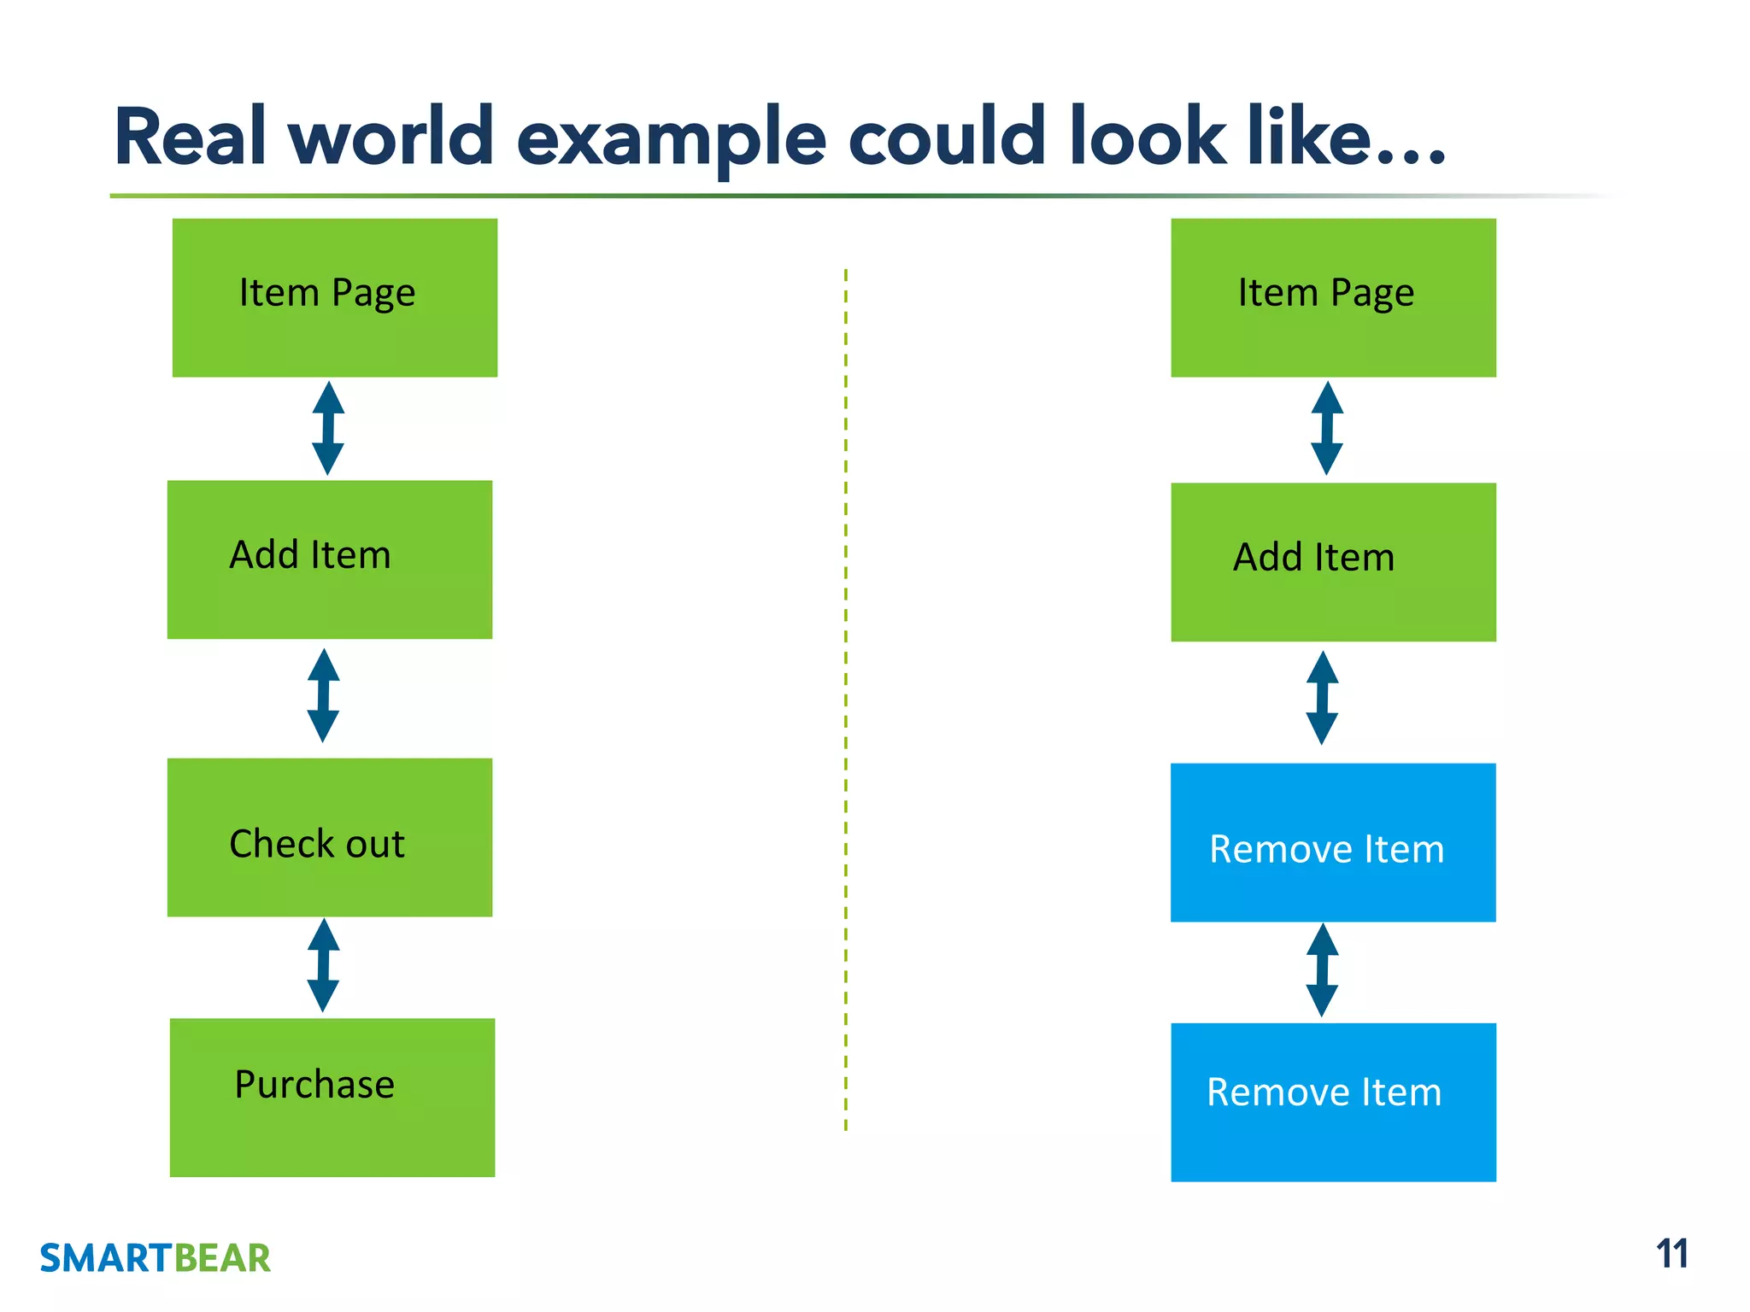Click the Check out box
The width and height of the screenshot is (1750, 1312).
coord(330,837)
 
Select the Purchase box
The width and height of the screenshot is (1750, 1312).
coord(332,1097)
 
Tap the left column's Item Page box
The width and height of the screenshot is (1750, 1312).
coord(335,297)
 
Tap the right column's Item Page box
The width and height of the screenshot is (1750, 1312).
coord(1333,297)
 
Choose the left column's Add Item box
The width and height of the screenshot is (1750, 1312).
coord(330,559)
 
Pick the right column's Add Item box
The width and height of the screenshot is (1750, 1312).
coord(1333,562)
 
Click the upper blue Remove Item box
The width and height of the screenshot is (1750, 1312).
coord(1333,842)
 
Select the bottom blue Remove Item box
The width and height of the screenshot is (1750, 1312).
coord(1333,1102)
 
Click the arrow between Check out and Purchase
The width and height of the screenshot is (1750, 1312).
coord(324,965)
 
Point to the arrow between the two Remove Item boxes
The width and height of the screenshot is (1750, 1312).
coord(1322,969)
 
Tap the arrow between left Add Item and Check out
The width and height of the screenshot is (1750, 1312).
coord(324,695)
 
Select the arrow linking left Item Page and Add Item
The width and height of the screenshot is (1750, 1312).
coord(328,428)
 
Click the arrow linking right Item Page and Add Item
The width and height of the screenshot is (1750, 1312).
coord(1327,428)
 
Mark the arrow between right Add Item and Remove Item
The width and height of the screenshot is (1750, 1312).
coord(1322,698)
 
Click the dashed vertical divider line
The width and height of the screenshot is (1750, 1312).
coord(846,700)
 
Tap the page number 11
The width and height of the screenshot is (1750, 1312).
coord(1671,1254)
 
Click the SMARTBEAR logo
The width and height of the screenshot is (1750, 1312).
coord(155,1258)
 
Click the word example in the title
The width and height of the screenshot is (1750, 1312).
coord(672,139)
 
